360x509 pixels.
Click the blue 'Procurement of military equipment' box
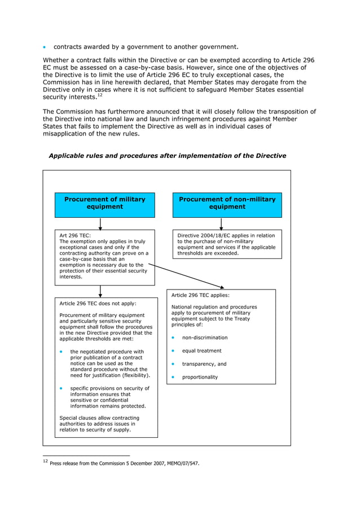tap(104, 205)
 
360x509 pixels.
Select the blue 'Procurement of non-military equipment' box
tap(227, 205)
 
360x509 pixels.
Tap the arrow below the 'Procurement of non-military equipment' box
tap(227, 223)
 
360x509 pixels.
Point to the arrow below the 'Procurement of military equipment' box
tap(100, 223)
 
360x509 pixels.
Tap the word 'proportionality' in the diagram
tap(200, 377)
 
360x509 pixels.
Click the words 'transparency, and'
tap(204, 364)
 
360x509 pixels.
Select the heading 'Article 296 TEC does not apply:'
tap(98, 303)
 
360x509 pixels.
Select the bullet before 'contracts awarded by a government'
tap(46, 47)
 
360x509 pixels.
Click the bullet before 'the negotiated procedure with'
tap(62, 352)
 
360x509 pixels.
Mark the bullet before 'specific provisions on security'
tap(62, 388)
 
